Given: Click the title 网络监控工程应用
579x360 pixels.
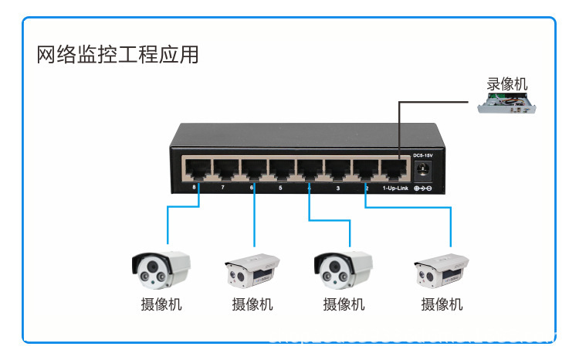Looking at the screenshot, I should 118,55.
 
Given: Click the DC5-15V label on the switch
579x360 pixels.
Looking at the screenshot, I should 424,156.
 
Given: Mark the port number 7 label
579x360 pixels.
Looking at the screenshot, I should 223,188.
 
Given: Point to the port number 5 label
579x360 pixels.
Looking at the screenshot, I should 280,188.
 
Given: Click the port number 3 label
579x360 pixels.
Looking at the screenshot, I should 338,188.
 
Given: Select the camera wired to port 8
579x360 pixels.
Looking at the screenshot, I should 161,267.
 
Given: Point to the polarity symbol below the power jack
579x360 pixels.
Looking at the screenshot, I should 423,188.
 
